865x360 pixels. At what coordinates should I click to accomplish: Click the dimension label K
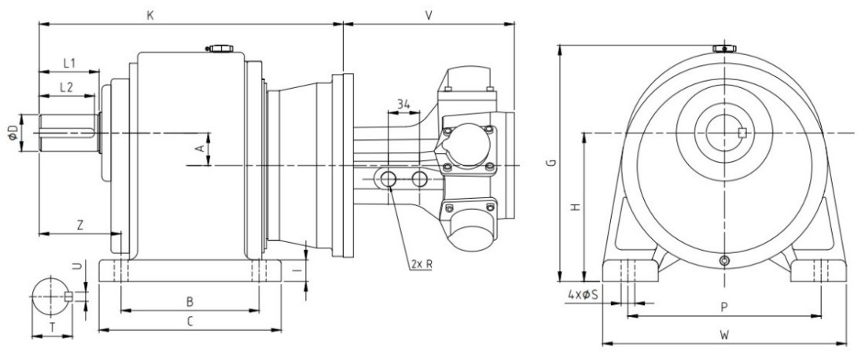coord(150,14)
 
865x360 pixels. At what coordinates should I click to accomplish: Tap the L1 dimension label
coord(69,62)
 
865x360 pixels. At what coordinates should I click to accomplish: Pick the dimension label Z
coord(80,225)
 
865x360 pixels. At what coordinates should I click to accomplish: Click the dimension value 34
coord(404,104)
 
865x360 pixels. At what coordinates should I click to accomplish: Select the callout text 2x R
coord(421,264)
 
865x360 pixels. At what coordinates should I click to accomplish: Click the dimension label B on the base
coord(189,301)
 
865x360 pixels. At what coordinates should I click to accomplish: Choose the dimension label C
coord(189,321)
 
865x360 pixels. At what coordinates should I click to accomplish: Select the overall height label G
coord(552,163)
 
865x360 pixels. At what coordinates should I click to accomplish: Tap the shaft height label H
coord(575,207)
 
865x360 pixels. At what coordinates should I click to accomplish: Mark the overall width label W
coord(724,336)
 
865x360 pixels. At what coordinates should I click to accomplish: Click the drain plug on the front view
coord(724,261)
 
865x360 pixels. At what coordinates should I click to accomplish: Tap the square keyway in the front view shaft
coord(743,132)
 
